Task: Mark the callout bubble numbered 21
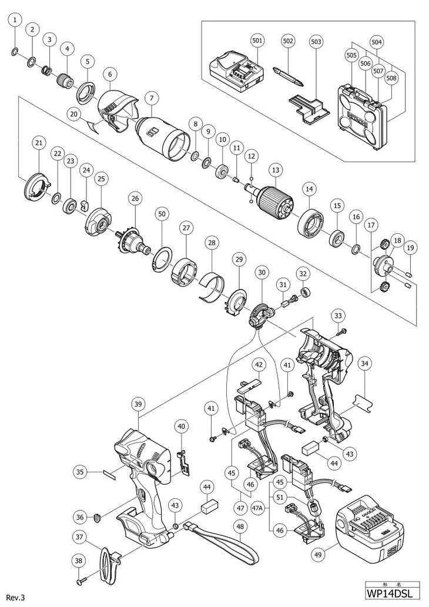click(39, 143)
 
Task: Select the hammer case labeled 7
click(162, 135)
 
